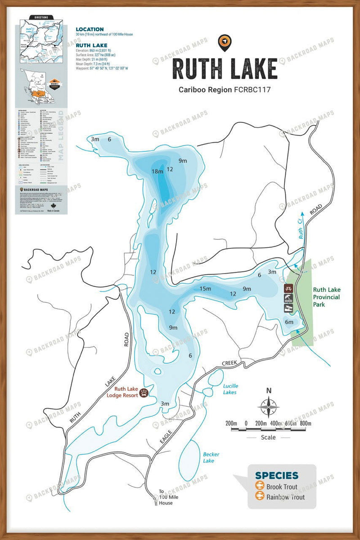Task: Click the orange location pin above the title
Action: [224, 42]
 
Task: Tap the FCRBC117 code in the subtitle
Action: [252, 90]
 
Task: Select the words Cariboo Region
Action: [205, 90]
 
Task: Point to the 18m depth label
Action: [157, 171]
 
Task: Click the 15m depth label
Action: [205, 288]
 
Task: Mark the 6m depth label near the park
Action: [289, 322]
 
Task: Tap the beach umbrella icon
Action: [288, 298]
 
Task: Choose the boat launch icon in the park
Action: [288, 308]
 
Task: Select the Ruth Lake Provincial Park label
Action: [326, 297]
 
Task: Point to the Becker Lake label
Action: [211, 458]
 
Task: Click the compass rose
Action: [269, 407]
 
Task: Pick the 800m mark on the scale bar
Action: [306, 423]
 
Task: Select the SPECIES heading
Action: [276, 475]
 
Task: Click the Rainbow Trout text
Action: [285, 497]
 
